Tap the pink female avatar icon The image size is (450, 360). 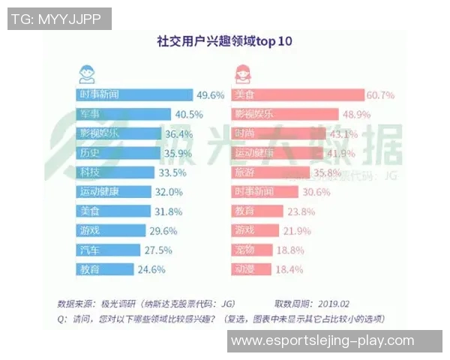[244, 73]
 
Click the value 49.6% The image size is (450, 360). [211, 95]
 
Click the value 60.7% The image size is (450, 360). [381, 95]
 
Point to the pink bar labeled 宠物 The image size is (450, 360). [251, 249]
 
